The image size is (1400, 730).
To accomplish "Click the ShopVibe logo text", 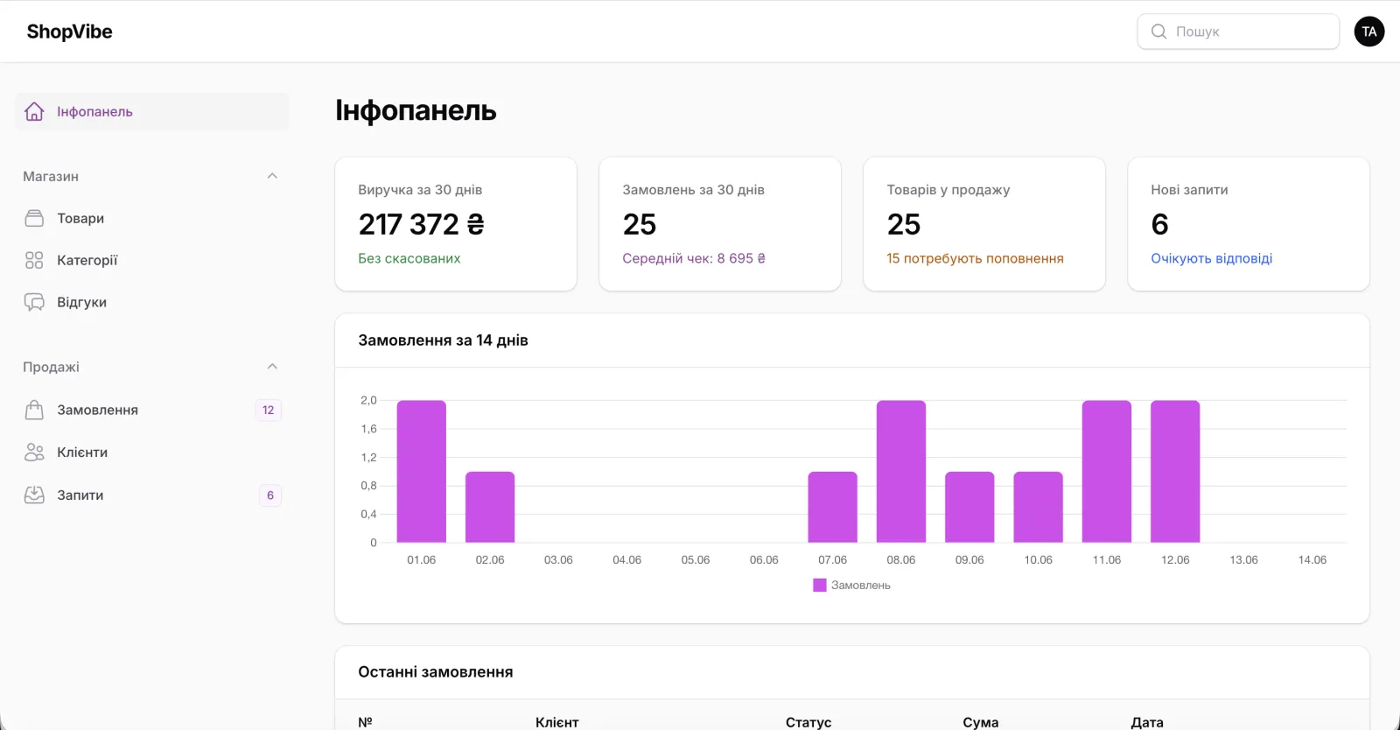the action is pyautogui.click(x=69, y=32).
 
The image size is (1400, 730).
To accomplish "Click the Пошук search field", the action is pyautogui.click(x=1237, y=32).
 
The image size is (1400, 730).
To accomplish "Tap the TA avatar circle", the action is pyautogui.click(x=1368, y=32).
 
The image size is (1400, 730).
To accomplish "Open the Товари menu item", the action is pyautogui.click(x=80, y=218).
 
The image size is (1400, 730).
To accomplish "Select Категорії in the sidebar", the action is pyautogui.click(x=87, y=260).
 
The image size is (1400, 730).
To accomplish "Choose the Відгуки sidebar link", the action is pyautogui.click(x=81, y=302).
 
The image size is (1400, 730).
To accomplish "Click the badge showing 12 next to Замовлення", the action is pyautogui.click(x=268, y=410).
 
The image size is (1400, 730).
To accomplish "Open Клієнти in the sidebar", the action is pyautogui.click(x=82, y=452).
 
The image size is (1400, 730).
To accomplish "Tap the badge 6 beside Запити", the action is pyautogui.click(x=270, y=495).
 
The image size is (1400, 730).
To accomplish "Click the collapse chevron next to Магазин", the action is pyautogui.click(x=272, y=176).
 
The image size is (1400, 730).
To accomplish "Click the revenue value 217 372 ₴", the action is pyautogui.click(x=421, y=224).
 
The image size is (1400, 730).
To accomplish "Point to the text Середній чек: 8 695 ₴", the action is pyautogui.click(x=694, y=258).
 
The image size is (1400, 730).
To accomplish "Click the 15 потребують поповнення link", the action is pyautogui.click(x=975, y=258).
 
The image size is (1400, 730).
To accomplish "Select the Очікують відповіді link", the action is pyautogui.click(x=1211, y=258).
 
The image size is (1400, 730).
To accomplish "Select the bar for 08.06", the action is pyautogui.click(x=900, y=471).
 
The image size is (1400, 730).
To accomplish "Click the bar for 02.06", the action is pyautogui.click(x=490, y=507).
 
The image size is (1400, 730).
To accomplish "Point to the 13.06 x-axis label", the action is pyautogui.click(x=1243, y=559).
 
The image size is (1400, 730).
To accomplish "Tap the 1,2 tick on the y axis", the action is pyautogui.click(x=368, y=457).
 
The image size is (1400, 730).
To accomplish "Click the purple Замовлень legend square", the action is pyautogui.click(x=819, y=585).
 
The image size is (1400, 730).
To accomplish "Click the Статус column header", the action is pyautogui.click(x=808, y=722).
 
